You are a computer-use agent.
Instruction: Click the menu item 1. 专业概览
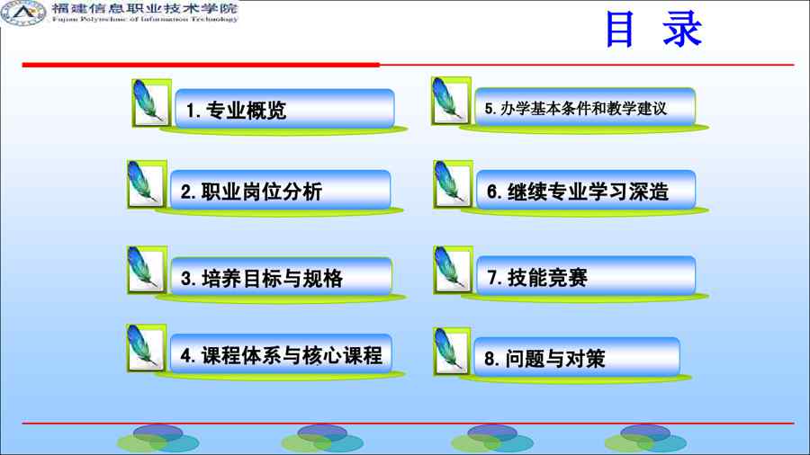point(284,108)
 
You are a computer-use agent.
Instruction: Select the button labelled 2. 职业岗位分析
point(280,190)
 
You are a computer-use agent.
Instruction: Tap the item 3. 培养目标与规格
point(281,277)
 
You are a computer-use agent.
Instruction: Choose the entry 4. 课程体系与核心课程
point(281,353)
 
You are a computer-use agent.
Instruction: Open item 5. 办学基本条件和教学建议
point(585,107)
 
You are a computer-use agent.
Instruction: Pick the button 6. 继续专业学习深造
point(586,190)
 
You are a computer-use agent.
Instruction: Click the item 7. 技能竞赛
point(586,276)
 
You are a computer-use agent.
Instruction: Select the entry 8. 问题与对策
point(577,356)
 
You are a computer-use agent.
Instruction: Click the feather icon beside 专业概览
point(151,103)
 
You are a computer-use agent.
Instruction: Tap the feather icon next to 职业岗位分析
point(147,184)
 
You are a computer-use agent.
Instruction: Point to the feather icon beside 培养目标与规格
point(147,270)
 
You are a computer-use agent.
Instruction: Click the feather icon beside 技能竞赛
point(453,270)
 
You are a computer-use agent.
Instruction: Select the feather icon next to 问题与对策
point(452,351)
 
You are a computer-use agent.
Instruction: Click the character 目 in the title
point(619,30)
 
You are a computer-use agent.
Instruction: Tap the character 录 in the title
point(682,30)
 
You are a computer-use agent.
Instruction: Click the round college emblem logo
point(23,13)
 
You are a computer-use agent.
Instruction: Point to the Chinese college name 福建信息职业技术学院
point(145,8)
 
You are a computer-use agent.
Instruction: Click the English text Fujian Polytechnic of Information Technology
point(145,19)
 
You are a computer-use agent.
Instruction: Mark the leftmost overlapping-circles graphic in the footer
point(158,439)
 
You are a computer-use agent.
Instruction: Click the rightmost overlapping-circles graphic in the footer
point(645,439)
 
